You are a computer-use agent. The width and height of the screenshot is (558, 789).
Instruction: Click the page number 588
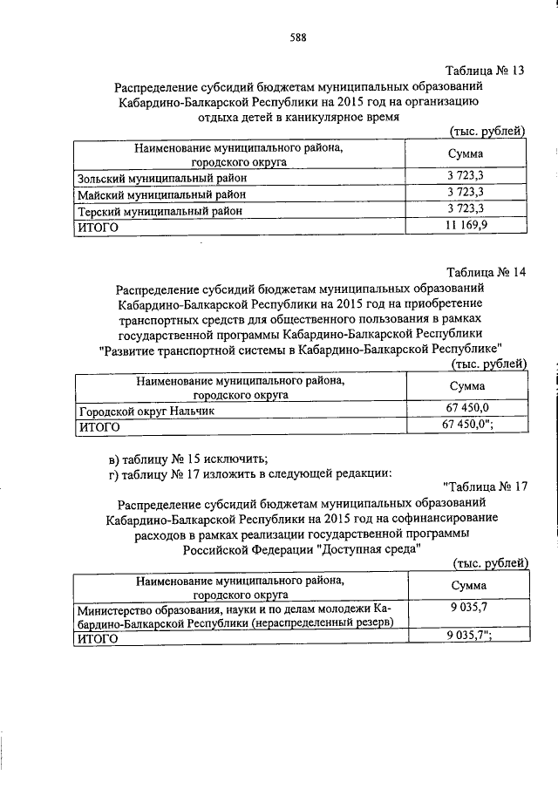click(298, 37)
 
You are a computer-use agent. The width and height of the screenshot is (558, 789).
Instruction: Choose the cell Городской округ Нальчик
click(146, 411)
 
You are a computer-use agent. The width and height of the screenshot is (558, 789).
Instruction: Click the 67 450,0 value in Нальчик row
click(471, 410)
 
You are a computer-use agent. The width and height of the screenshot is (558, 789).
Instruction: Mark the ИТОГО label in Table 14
click(99, 427)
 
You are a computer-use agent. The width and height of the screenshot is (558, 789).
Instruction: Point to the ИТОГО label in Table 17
click(99, 639)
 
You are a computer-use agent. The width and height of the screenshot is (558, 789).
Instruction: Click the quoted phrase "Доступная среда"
click(370, 549)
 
